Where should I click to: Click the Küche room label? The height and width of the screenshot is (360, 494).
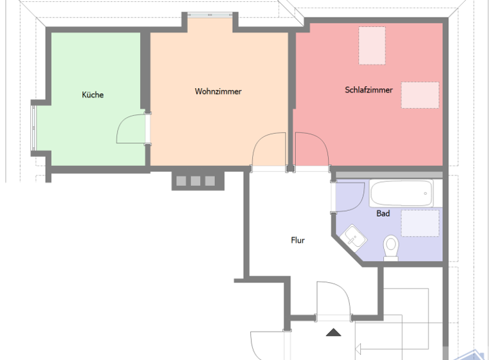pos(93,94)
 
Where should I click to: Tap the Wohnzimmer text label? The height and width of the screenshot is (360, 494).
pos(218,91)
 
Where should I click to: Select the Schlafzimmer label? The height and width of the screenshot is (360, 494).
pos(369,90)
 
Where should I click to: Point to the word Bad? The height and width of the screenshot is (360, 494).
pos(383,213)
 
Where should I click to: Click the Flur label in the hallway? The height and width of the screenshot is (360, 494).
pos(297,240)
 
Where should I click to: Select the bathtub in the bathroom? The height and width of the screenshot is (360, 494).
pos(401,193)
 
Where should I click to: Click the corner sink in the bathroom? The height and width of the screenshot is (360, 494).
pos(354,236)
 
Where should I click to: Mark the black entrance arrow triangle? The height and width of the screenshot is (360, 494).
pos(333,332)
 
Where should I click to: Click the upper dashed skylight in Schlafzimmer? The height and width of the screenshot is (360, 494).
pos(372,45)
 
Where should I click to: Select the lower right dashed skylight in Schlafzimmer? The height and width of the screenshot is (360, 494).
pos(420,94)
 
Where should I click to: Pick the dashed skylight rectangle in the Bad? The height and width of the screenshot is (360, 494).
pos(421,222)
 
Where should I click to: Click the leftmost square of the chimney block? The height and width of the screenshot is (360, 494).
pos(181,181)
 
